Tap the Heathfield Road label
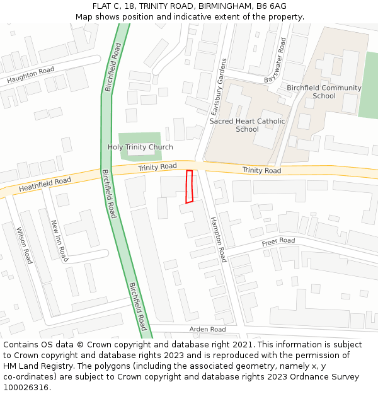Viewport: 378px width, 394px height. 45,185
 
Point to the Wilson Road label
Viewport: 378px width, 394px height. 24,245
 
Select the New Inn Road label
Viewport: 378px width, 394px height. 59,241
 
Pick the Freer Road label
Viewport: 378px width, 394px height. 278,241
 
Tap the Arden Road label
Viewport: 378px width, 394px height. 207,329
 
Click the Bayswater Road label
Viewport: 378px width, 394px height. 275,61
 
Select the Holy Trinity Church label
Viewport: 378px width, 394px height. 140,148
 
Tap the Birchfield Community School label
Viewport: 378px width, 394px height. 324,92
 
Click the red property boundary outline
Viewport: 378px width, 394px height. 189,187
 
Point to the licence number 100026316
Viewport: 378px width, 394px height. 26,388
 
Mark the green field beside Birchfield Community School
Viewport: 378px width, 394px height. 368,85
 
